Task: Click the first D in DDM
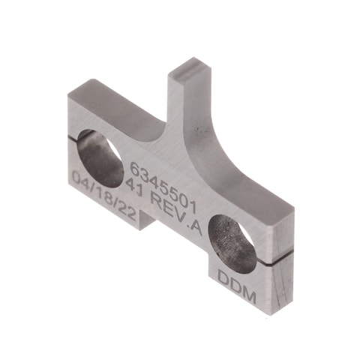click(x=223, y=275)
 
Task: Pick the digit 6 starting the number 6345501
click(x=134, y=166)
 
